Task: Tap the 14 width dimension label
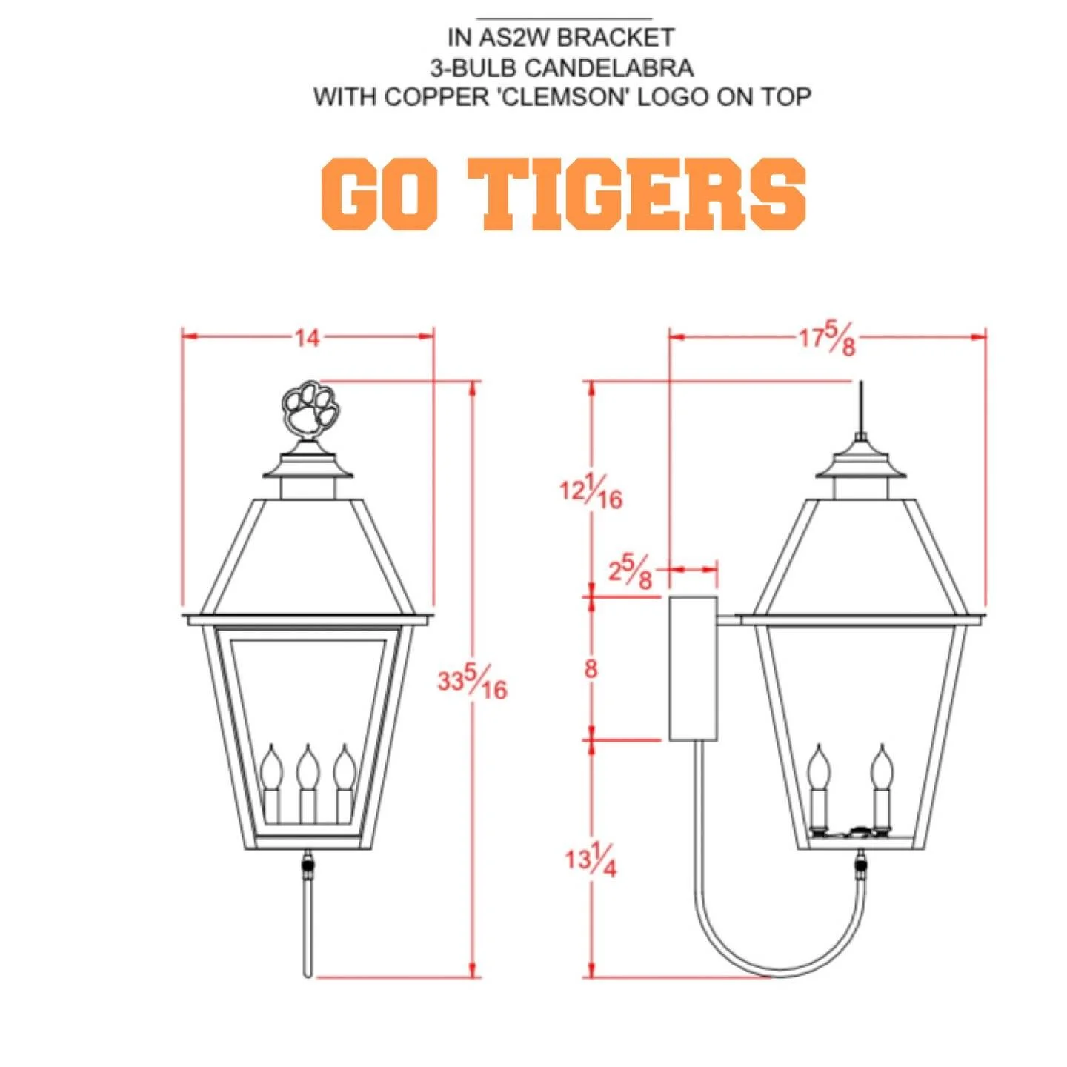[x=307, y=338]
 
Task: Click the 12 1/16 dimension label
[x=591, y=491]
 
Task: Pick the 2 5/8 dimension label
[x=631, y=571]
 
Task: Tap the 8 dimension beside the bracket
[x=591, y=668]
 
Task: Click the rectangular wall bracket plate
[x=694, y=668]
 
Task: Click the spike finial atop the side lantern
[x=861, y=408]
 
